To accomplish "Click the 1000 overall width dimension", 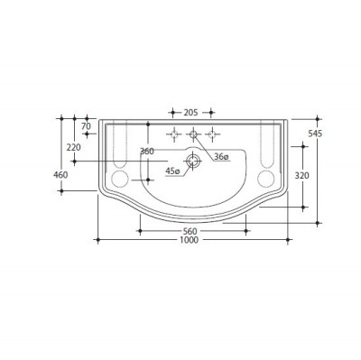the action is pos(190,240).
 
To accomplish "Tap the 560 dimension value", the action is pos(190,231).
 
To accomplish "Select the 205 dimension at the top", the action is pos(190,113).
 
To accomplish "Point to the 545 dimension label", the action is pos(315,134).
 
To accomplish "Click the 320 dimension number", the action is pos(301,175).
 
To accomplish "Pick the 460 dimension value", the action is pos(60,174).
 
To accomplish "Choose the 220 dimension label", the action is pos(74,147).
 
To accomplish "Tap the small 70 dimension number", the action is pos(86,126).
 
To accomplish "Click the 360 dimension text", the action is pos(147,152).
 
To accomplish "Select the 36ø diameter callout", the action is pos(221,157).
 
